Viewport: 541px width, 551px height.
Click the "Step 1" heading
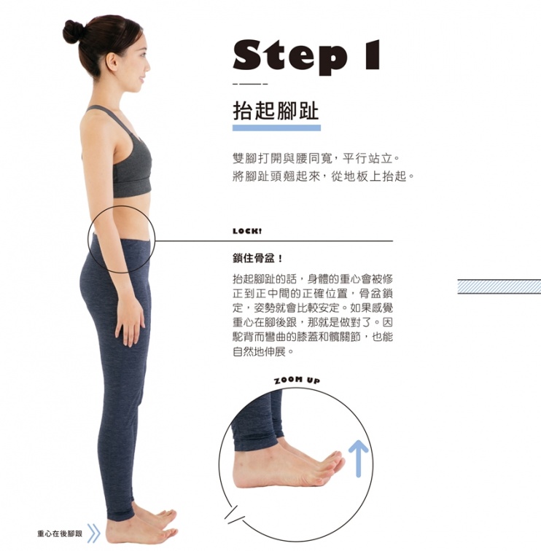[306, 56]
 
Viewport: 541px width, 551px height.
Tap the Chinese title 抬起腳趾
[276, 110]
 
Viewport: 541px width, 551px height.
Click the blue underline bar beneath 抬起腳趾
[276, 128]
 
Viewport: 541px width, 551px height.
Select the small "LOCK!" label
[247, 231]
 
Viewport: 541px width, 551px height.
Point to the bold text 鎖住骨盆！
[257, 259]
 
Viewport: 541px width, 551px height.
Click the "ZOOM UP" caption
[297, 380]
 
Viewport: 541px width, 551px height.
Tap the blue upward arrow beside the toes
[358, 458]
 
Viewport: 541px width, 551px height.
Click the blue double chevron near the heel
[93, 534]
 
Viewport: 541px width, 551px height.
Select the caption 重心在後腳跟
[60, 534]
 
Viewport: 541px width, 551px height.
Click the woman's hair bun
[73, 31]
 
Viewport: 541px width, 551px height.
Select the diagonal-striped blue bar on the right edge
[499, 286]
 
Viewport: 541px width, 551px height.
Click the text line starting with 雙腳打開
[316, 158]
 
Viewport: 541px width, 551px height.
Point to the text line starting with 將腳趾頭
[324, 176]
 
